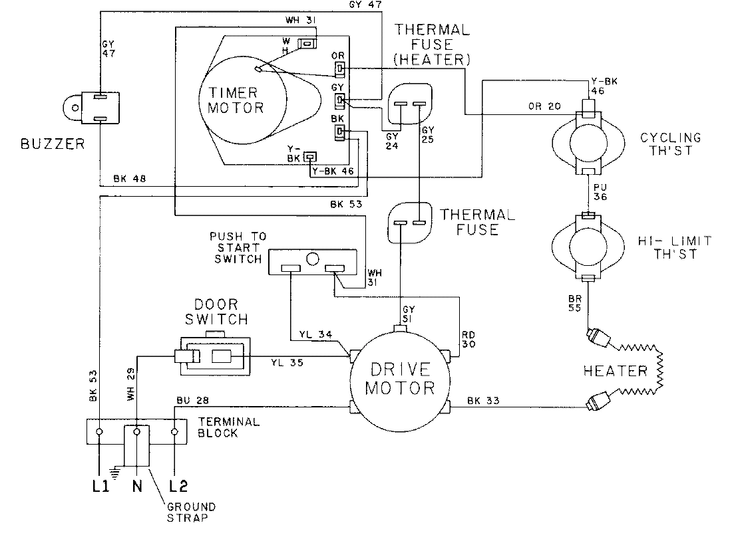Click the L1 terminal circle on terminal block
98,432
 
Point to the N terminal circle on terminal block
136,432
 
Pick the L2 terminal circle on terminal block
174,432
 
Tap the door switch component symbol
212,356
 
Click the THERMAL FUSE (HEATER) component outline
409,106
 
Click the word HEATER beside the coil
615,370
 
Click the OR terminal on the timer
339,68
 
